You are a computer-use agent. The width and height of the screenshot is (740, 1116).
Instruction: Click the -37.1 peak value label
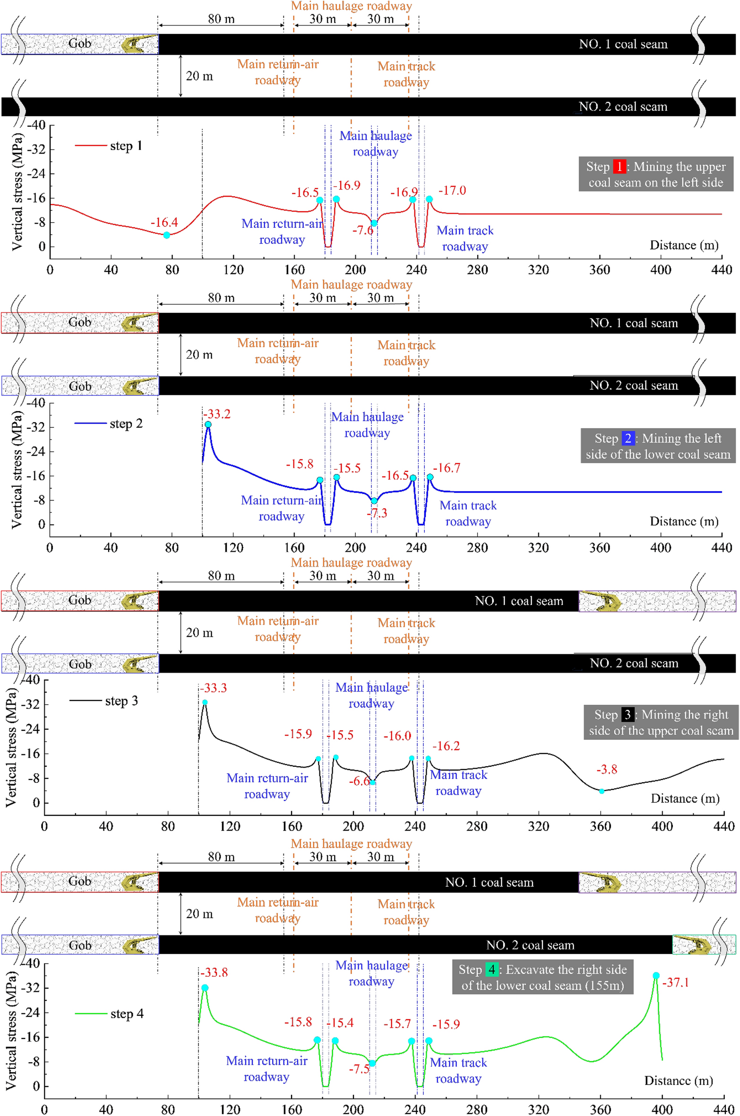click(x=675, y=982)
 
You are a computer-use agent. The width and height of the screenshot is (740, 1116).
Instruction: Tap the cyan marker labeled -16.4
click(x=166, y=235)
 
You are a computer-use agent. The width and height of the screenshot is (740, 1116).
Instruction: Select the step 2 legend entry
click(x=108, y=424)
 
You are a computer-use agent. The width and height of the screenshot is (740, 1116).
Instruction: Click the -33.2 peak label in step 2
click(x=217, y=414)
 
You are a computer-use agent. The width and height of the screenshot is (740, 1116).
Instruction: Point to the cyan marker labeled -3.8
click(x=601, y=791)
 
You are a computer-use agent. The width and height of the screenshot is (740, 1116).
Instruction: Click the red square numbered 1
click(x=619, y=166)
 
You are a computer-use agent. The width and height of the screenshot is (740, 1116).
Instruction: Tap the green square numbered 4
click(x=491, y=969)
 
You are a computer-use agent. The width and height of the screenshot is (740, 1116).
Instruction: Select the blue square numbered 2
click(x=628, y=438)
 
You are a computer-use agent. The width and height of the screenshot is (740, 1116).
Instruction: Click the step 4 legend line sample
click(x=91, y=1013)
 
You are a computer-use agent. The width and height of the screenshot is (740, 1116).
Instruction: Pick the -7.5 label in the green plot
click(x=359, y=1069)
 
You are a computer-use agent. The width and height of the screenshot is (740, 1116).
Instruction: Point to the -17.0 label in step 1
click(x=452, y=190)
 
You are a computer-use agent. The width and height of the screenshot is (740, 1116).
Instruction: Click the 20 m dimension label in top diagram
click(x=199, y=76)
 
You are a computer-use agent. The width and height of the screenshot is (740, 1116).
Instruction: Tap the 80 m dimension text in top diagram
click(x=221, y=19)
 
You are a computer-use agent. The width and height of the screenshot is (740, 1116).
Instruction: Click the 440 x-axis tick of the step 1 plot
click(x=721, y=269)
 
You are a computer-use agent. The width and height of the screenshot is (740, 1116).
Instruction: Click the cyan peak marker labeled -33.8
click(x=205, y=987)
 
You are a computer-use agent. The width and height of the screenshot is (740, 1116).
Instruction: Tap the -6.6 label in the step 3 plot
click(x=359, y=781)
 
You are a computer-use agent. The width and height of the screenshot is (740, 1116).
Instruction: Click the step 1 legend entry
click(x=108, y=146)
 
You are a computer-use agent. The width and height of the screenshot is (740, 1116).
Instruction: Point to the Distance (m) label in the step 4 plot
click(x=678, y=1080)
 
